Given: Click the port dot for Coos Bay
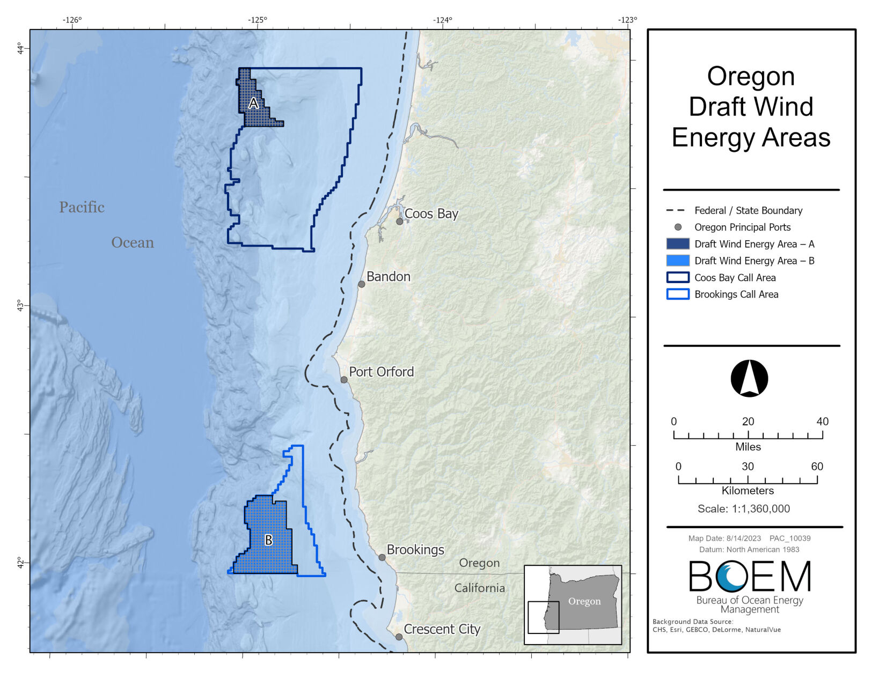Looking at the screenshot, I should [x=400, y=222].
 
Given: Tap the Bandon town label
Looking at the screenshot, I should [x=389, y=277].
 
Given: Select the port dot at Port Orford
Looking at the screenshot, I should [x=344, y=380].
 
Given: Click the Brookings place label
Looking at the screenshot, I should [x=415, y=550].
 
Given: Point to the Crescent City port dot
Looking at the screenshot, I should [x=399, y=637].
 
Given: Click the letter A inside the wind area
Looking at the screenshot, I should [x=254, y=103].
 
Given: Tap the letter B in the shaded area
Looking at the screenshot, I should [x=269, y=540].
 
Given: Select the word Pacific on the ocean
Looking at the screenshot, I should [x=82, y=208].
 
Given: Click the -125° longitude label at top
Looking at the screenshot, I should [x=257, y=20].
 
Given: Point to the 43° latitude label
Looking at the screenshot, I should [x=20, y=306].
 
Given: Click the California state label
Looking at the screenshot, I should [x=479, y=588].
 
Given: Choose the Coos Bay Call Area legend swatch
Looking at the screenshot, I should [x=677, y=277].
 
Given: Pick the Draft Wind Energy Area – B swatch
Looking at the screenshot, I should [x=677, y=261].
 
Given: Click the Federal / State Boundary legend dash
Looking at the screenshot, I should [x=675, y=210].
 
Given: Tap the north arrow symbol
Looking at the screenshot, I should [x=749, y=378].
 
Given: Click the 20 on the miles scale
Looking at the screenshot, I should [x=748, y=422].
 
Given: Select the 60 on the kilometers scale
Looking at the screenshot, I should [x=816, y=467].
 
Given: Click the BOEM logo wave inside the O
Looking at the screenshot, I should [x=731, y=577].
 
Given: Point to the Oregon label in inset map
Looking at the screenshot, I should [x=584, y=601].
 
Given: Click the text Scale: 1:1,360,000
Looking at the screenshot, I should [x=743, y=508].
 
